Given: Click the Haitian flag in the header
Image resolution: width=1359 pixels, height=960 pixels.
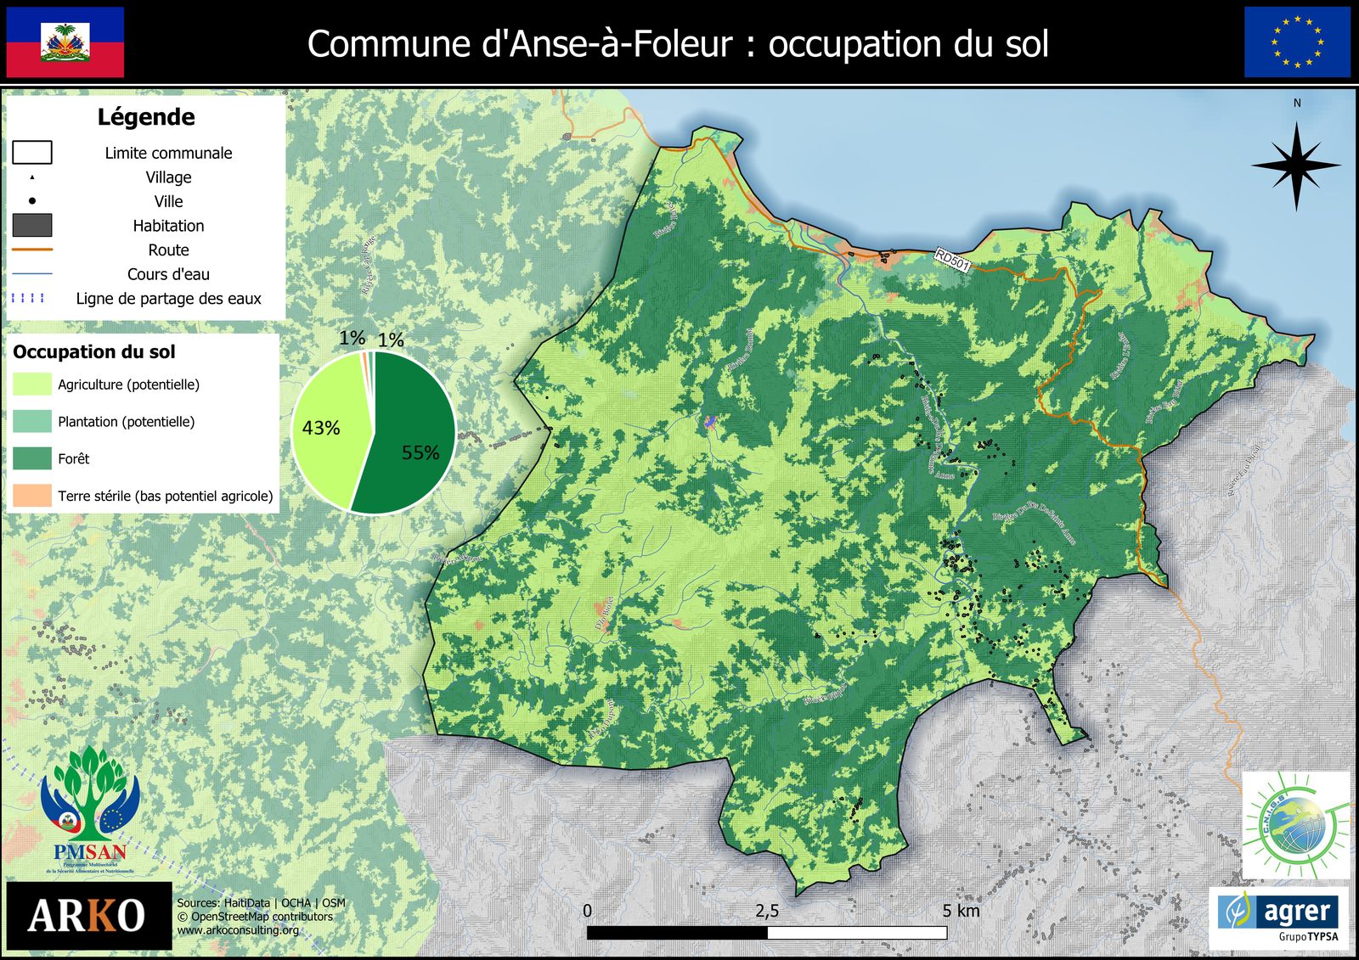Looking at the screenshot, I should click(x=65, y=42).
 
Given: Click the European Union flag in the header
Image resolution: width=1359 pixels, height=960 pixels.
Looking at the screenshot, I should click(x=1297, y=42).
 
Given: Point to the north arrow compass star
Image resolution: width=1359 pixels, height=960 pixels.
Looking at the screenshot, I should click(x=1296, y=166).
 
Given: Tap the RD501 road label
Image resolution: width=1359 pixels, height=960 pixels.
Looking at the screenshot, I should click(x=952, y=260).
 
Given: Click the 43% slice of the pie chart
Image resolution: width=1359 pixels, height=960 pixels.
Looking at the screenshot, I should click(x=327, y=429).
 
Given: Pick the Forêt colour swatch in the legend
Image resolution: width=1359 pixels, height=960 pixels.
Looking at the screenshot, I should click(x=32, y=458).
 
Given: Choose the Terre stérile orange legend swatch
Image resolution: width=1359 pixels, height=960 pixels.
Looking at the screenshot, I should click(x=32, y=496).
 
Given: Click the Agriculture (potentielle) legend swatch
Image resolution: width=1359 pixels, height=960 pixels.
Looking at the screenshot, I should click(x=32, y=385).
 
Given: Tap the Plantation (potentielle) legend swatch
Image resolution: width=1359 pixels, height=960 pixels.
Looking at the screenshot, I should click(x=32, y=422).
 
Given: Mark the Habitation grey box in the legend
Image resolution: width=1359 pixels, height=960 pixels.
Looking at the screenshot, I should click(x=32, y=226).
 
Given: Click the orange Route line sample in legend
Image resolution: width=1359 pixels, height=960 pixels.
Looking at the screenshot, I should click(x=32, y=250).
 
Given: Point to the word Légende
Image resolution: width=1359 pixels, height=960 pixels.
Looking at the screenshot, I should click(x=146, y=117).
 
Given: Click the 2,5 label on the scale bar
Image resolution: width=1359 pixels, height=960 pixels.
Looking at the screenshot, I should click(x=767, y=912).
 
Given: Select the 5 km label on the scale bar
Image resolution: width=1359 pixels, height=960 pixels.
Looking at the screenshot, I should click(x=961, y=912).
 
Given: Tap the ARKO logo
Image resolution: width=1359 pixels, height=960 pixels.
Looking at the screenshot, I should click(x=88, y=916).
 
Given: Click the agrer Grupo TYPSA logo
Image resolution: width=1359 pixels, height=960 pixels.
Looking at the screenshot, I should click(x=1279, y=918).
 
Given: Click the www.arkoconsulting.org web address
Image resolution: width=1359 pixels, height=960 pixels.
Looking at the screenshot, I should click(x=238, y=930).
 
